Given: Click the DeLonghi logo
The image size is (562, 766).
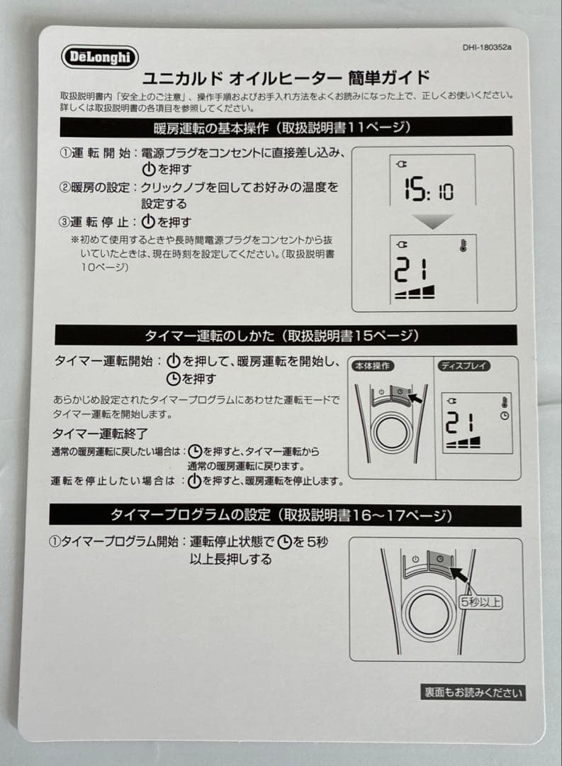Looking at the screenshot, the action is [100, 57].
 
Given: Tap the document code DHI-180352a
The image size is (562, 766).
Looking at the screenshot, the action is [487, 48].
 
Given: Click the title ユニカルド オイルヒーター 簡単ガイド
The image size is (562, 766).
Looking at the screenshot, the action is [286, 78].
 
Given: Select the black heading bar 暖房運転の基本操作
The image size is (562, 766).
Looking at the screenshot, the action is [286, 128].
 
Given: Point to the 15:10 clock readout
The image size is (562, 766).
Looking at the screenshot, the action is [428, 189].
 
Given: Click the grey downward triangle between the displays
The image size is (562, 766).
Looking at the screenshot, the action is [432, 221].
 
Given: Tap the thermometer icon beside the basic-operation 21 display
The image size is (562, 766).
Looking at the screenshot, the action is [463, 245].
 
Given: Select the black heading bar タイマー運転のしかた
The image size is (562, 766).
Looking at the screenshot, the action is [286, 335].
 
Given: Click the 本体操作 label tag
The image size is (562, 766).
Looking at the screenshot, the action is [373, 366].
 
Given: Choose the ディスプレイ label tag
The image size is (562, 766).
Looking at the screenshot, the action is [464, 366].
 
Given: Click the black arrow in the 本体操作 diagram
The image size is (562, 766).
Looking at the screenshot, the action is [414, 397].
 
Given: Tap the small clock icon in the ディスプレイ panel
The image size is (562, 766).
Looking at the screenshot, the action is [505, 416].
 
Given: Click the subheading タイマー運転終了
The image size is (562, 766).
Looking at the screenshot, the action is [100, 433].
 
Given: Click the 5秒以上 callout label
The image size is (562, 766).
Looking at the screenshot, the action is [481, 602].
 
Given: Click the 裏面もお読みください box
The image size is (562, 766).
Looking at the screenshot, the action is [473, 692].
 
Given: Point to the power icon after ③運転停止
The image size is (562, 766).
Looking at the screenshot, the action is [148, 222].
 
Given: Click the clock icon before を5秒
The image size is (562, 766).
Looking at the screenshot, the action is [284, 542].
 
